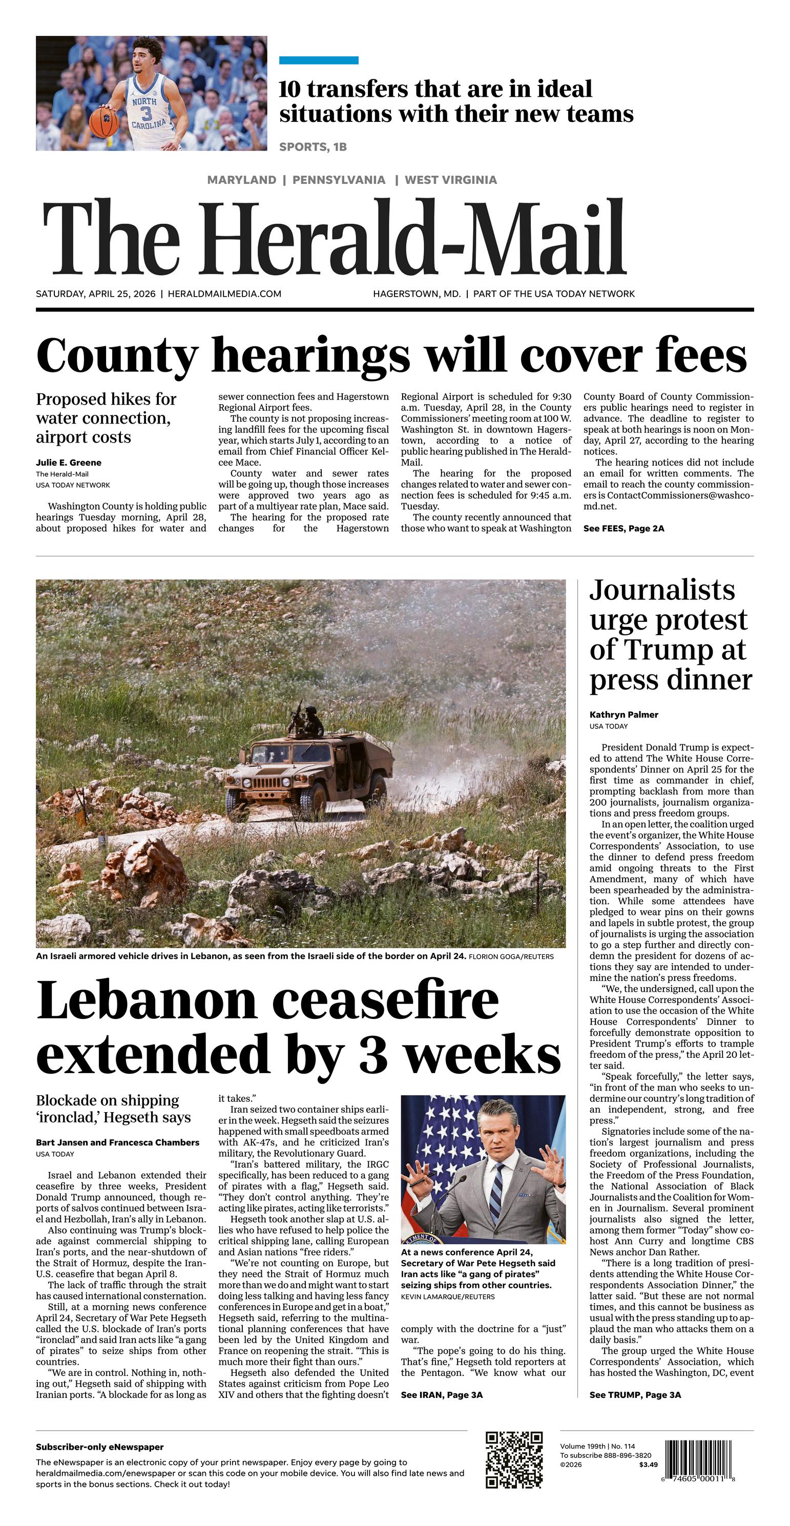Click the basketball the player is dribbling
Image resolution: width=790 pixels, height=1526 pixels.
coord(103,120)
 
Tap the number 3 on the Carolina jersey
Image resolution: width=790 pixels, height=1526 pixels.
coord(147,113)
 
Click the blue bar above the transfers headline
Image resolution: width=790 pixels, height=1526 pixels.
coord(318,60)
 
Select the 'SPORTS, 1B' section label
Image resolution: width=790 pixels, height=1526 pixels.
coord(313,147)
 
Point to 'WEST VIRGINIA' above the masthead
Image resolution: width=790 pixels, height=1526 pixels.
coord(450,179)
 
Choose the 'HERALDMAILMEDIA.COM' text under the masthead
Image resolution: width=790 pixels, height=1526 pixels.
coord(224,294)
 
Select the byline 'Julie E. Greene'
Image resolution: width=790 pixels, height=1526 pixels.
coord(68,463)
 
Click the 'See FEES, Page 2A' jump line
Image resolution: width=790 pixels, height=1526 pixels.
coord(623,529)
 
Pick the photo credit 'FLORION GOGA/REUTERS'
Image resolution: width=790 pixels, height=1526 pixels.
coord(511,957)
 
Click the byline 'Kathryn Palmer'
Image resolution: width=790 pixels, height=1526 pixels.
coord(623,715)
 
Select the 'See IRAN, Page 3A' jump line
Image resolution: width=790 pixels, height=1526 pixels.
coord(442,1395)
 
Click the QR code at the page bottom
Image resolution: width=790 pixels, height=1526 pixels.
coord(514,1459)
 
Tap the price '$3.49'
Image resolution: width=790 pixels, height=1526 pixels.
coord(649,1465)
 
